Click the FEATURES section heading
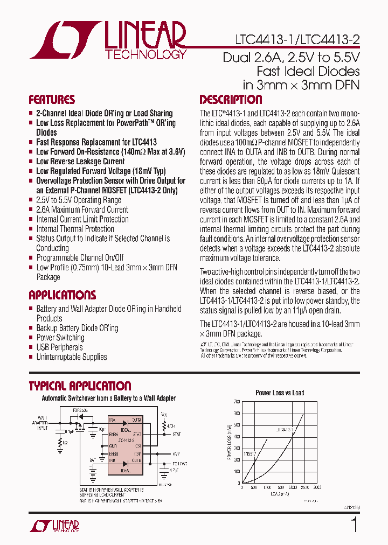[52, 100]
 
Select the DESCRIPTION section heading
[231, 100]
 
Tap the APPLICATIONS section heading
[62, 295]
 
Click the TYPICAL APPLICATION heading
[79, 386]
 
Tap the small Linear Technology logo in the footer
[54, 526]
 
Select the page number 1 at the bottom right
[354, 525]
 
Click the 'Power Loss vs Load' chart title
[279, 393]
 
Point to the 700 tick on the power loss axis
[237, 402]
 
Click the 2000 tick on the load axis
[292, 487]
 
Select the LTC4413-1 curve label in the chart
[284, 429]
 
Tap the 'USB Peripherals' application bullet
[59, 347]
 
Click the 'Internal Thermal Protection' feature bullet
[75, 229]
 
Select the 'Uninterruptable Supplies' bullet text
[71, 357]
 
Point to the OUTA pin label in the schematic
[136, 420]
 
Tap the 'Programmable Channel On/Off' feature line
[80, 258]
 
